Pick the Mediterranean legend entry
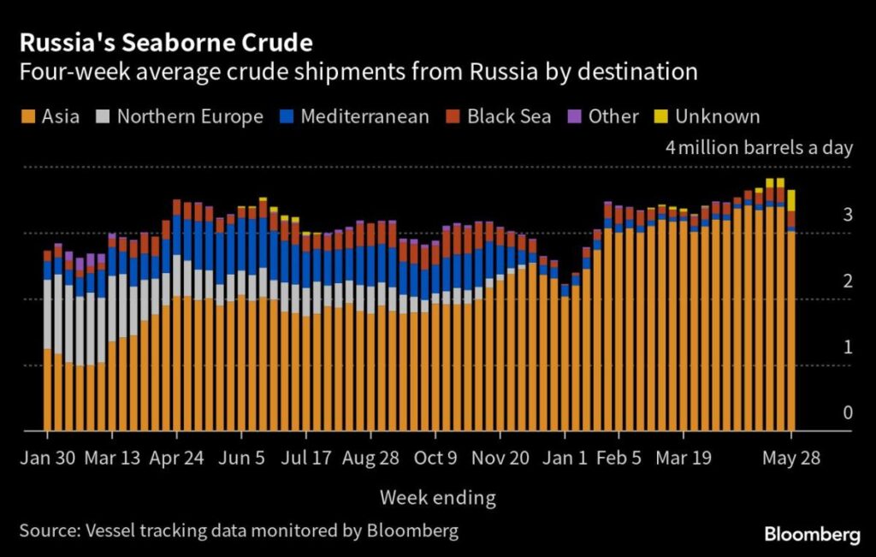point(364,116)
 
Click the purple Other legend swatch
point(576,116)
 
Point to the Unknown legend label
point(717,116)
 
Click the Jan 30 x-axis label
point(48,457)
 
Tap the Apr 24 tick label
point(177,457)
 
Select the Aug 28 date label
point(370,457)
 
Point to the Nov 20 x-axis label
point(500,457)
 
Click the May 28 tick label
point(791,457)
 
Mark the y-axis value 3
point(848,215)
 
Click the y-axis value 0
point(848,413)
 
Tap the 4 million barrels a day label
point(759,147)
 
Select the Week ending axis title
point(438,497)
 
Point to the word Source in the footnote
point(50,530)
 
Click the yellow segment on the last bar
point(791,200)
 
